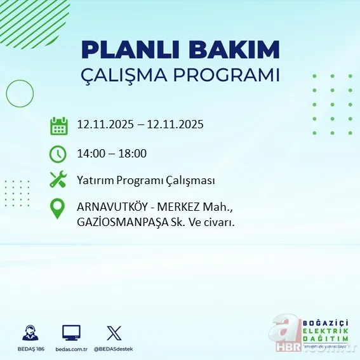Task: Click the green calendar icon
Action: pyautogui.click(x=58, y=125)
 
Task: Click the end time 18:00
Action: pyautogui.click(x=133, y=153)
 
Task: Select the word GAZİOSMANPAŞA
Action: pyautogui.click(x=121, y=222)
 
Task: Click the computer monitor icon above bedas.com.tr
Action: pyautogui.click(x=71, y=331)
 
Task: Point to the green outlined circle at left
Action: pyautogui.click(x=20, y=94)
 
